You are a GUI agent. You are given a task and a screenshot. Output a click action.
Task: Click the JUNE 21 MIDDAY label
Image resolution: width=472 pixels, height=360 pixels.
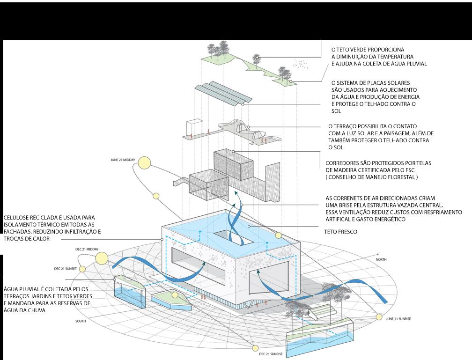(123, 160)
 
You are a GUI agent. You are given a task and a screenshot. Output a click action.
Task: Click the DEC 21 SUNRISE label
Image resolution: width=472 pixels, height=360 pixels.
(271, 354)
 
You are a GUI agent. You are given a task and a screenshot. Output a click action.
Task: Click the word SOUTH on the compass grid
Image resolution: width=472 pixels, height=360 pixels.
(81, 322)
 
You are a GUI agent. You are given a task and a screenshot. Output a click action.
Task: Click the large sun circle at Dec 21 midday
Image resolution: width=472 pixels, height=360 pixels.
(102, 258)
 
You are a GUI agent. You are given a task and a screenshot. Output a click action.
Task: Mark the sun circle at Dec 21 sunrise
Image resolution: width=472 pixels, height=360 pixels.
(255, 347)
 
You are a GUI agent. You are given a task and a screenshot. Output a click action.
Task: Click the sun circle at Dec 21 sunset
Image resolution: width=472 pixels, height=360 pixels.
(82, 269)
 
